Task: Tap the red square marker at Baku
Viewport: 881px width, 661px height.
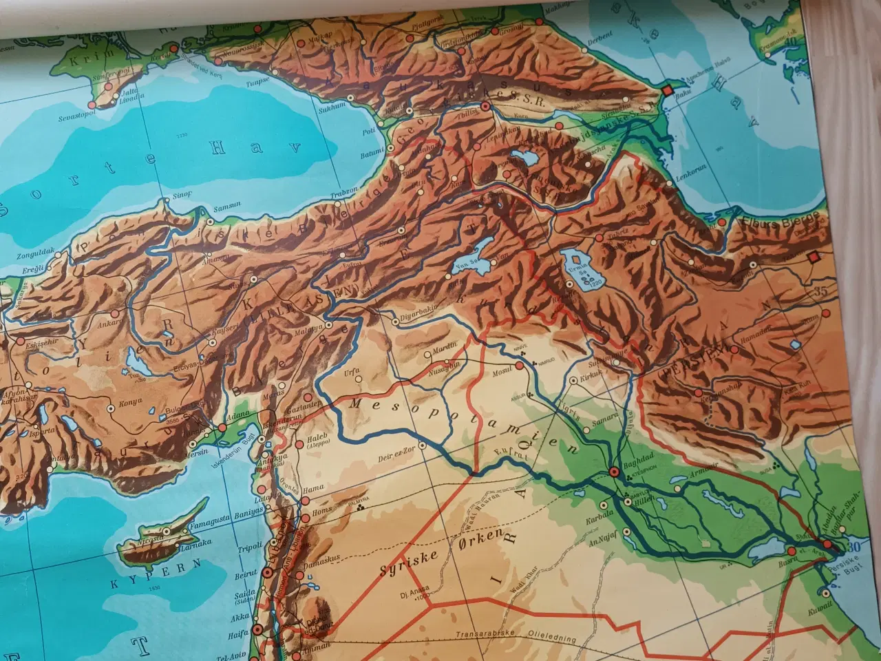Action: [x=666, y=90]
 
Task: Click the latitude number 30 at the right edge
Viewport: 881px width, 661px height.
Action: [x=855, y=548]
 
